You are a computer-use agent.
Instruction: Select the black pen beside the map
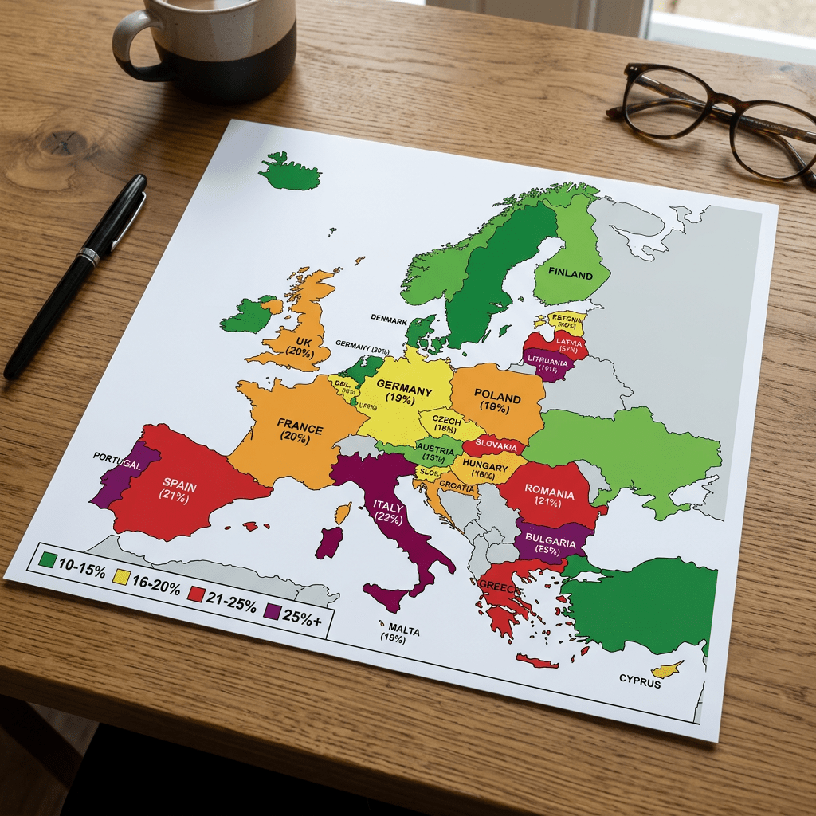pyautogui.click(x=76, y=275)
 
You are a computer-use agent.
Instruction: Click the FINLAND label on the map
pyautogui.click(x=571, y=274)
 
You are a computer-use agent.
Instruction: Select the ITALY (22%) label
pyautogui.click(x=389, y=512)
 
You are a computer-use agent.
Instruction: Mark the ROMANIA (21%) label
pyautogui.click(x=549, y=499)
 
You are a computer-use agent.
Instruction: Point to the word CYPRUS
pyautogui.click(x=640, y=681)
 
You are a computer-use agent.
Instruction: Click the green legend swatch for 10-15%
pyautogui.click(x=47, y=560)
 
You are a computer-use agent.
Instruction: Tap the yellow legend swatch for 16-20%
pyautogui.click(x=122, y=575)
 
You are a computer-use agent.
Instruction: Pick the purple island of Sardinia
pyautogui.click(x=328, y=543)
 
